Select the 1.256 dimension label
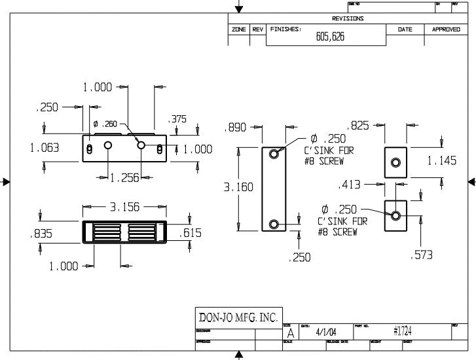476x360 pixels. [x=125, y=177]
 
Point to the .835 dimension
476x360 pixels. [x=41, y=233]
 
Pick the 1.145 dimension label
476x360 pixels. [x=442, y=160]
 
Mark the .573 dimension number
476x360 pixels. [x=422, y=255]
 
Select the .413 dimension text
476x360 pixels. [x=351, y=185]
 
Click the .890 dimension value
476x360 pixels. [x=235, y=127]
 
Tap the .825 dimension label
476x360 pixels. [x=361, y=125]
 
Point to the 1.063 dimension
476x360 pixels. [x=45, y=148]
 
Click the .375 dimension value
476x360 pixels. [x=177, y=119]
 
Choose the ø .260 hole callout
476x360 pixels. [x=105, y=124]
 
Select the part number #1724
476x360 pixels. [x=402, y=332]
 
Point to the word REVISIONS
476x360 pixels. [x=348, y=19]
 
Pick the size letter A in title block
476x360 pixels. [x=290, y=334]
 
